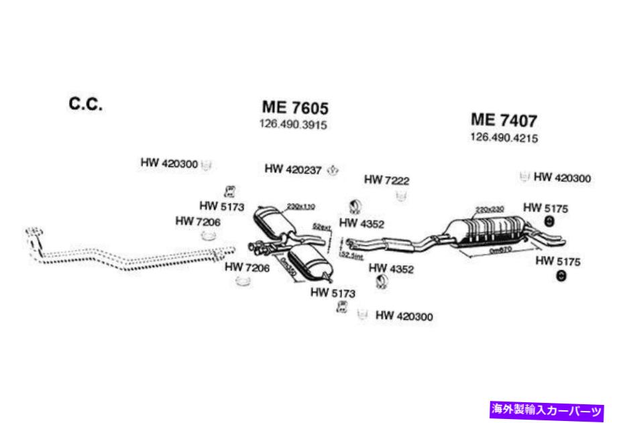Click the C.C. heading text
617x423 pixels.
coord(85,105)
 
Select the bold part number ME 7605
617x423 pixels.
coord(295,107)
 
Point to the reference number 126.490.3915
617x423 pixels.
coord(293,125)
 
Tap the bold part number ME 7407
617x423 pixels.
coord(504,120)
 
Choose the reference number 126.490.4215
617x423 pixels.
coord(505,138)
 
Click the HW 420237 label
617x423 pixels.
coord(293,169)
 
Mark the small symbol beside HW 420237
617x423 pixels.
coord(333,170)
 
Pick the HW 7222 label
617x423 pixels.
coord(386,180)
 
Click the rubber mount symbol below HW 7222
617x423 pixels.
coord(402,195)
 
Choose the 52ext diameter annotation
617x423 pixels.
coord(324,229)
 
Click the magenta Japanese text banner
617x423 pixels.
coord(547,408)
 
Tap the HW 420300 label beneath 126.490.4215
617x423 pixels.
coord(562,178)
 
